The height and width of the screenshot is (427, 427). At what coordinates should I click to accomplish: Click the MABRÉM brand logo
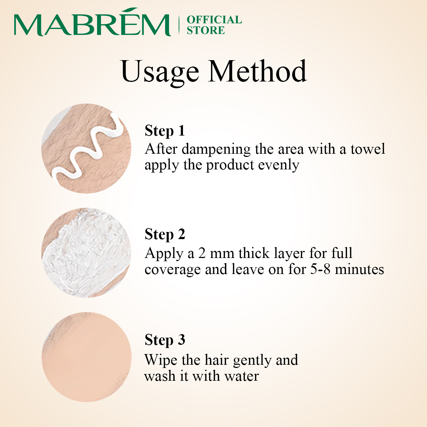[93, 22]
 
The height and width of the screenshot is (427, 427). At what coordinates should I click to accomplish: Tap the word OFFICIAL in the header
[214, 20]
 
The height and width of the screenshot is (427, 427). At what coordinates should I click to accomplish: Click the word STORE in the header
[206, 30]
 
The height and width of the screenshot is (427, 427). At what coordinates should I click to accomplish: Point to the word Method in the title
[257, 71]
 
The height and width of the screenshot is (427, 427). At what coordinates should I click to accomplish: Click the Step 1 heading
[165, 131]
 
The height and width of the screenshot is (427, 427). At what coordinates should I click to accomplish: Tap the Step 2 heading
[165, 234]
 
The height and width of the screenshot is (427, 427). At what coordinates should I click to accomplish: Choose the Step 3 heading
[165, 340]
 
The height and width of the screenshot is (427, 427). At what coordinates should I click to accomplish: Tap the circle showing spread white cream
[86, 253]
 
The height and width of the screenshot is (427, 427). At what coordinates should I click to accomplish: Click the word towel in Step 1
[368, 149]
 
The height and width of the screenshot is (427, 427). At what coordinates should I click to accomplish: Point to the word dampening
[216, 149]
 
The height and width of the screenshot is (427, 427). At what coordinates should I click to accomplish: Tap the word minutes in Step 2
[359, 269]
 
